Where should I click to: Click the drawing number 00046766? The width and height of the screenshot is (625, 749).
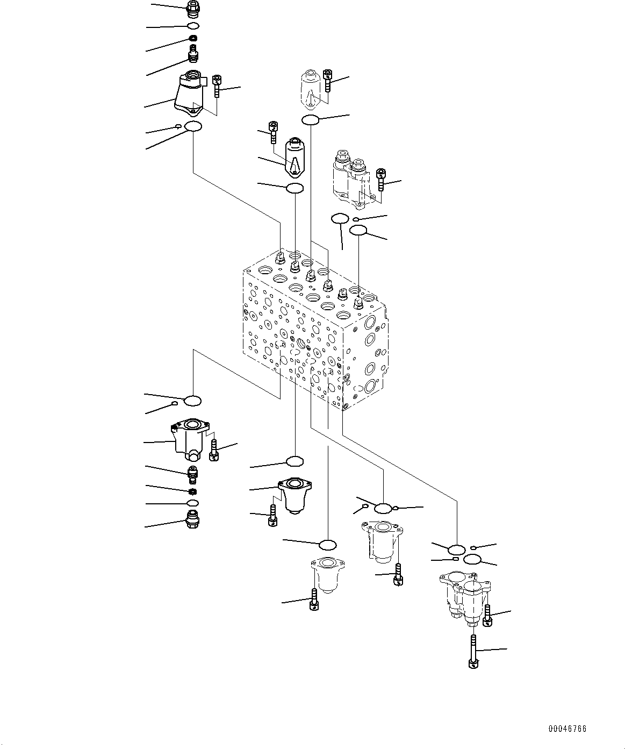pos(567,729)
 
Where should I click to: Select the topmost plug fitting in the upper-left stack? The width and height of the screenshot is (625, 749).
pos(192,8)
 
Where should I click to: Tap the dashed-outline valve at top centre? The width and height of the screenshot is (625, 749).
pos(311,87)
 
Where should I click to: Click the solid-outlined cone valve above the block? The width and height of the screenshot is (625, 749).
pos(294,156)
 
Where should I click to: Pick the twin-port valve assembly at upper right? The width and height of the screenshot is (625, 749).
pos(350,178)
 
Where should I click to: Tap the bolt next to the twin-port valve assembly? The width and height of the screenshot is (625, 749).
pos(380,180)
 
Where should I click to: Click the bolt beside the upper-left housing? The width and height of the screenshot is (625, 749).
pos(217,86)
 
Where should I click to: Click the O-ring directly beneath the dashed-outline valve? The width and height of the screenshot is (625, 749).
pos(310,119)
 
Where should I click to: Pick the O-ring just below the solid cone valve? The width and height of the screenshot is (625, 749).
pos(294,188)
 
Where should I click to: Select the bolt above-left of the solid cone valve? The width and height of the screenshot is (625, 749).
pos(273,132)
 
